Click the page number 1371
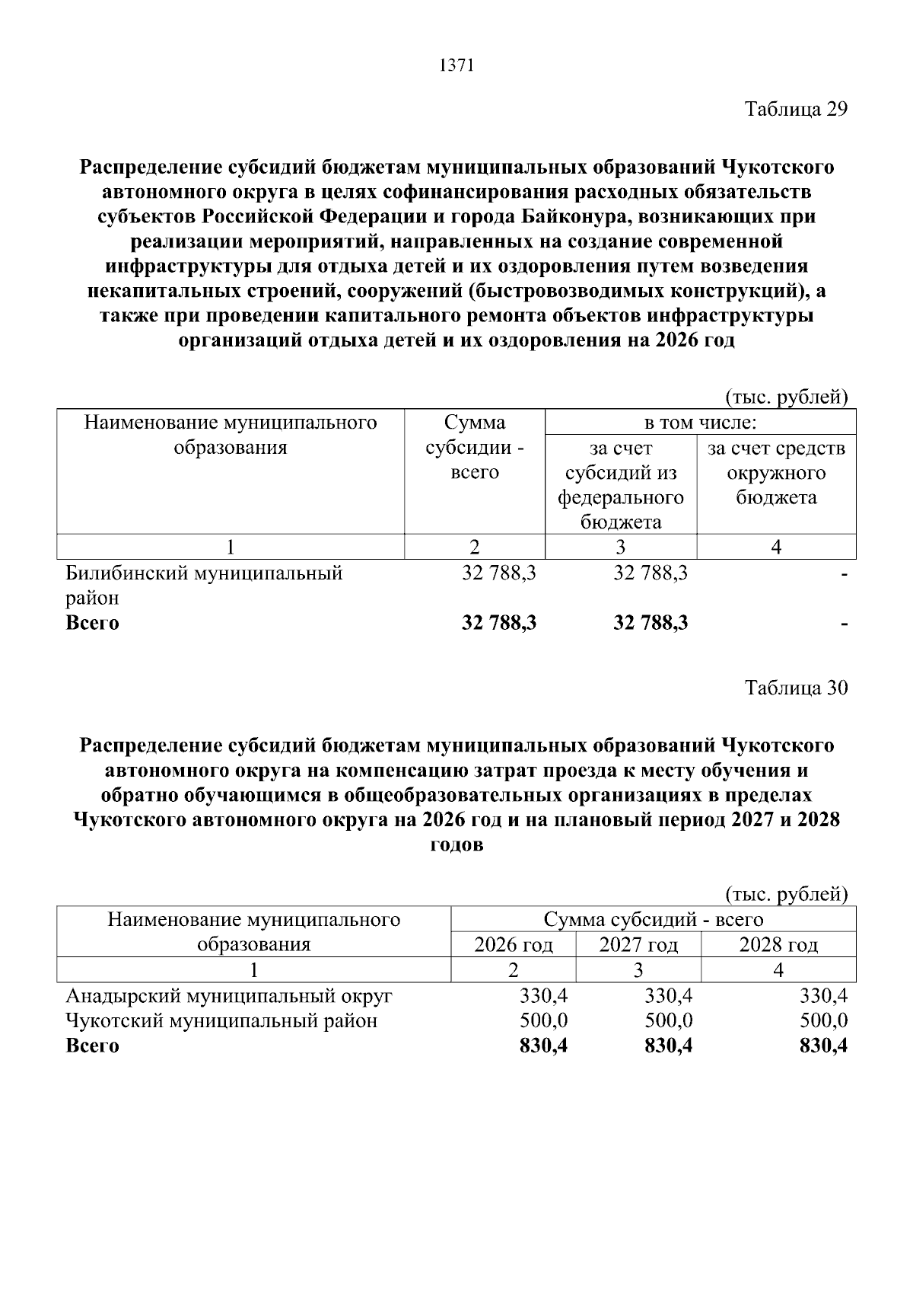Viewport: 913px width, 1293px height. coord(456,65)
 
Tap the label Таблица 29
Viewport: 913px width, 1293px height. coord(796,109)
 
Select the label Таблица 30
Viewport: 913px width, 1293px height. coord(796,688)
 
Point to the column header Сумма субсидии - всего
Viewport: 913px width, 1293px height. coord(474,447)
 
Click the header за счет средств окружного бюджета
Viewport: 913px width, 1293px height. coord(776,472)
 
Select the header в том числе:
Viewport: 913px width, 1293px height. coord(700,422)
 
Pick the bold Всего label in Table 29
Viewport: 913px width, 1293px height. coord(93,623)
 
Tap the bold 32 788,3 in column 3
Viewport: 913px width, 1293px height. coord(650,623)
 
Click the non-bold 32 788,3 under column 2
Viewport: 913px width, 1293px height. coord(498,573)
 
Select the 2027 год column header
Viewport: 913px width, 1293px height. coord(638,945)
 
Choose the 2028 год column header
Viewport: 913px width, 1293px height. coord(778,945)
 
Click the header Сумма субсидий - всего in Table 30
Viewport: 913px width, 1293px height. coord(653,920)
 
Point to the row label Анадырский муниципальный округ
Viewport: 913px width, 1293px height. coord(229,995)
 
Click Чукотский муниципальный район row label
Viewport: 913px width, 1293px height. coord(221,1020)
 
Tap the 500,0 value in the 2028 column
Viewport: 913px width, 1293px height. coord(823,1020)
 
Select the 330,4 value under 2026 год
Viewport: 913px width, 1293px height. coord(543,995)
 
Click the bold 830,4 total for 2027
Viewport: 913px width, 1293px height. coord(668,1046)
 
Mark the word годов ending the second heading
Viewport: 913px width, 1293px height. coord(456,845)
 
